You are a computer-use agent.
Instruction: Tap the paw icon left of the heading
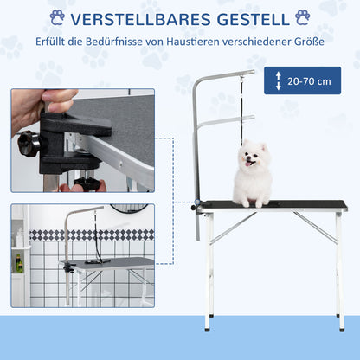57,17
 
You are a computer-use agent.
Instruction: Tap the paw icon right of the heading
303,17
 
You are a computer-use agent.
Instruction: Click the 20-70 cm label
308,80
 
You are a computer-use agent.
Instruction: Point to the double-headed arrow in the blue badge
278,80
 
